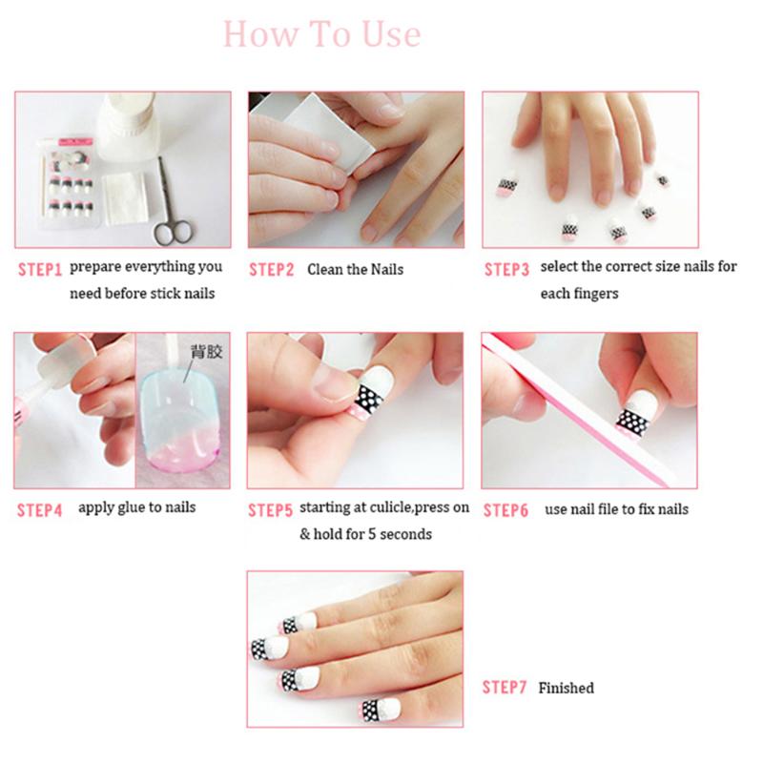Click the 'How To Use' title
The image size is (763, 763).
click(321, 34)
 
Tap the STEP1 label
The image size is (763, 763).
click(39, 269)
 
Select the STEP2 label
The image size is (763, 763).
click(272, 270)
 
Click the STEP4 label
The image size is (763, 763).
click(39, 510)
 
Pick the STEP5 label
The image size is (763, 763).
click(270, 510)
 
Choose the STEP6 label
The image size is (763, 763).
click(505, 510)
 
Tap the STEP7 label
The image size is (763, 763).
click(505, 688)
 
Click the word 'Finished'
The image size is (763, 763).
click(566, 688)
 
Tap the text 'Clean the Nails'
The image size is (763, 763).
click(355, 270)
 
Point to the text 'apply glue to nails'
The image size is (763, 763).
click(136, 507)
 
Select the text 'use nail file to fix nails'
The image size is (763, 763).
click(616, 509)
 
